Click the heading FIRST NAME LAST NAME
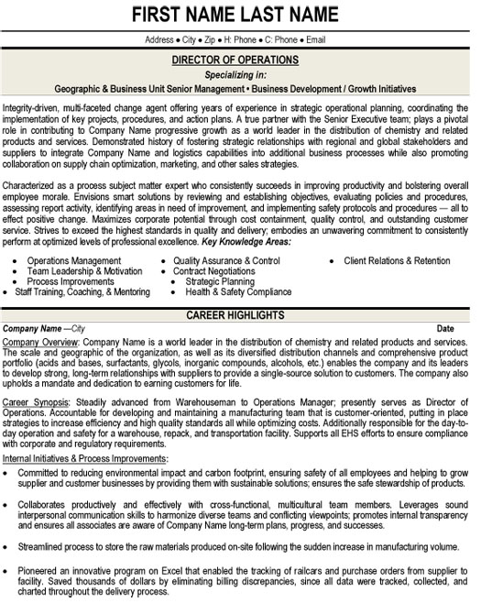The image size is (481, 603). [x=241, y=16]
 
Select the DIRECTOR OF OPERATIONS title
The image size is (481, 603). [x=241, y=60]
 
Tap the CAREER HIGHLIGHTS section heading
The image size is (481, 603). [x=241, y=315]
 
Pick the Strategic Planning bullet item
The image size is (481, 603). [x=220, y=281]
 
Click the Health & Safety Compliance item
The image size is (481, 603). [x=238, y=291]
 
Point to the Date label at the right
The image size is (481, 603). [x=445, y=327]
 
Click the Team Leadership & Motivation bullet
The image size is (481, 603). [x=84, y=271]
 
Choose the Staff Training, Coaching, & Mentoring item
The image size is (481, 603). [x=82, y=291]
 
